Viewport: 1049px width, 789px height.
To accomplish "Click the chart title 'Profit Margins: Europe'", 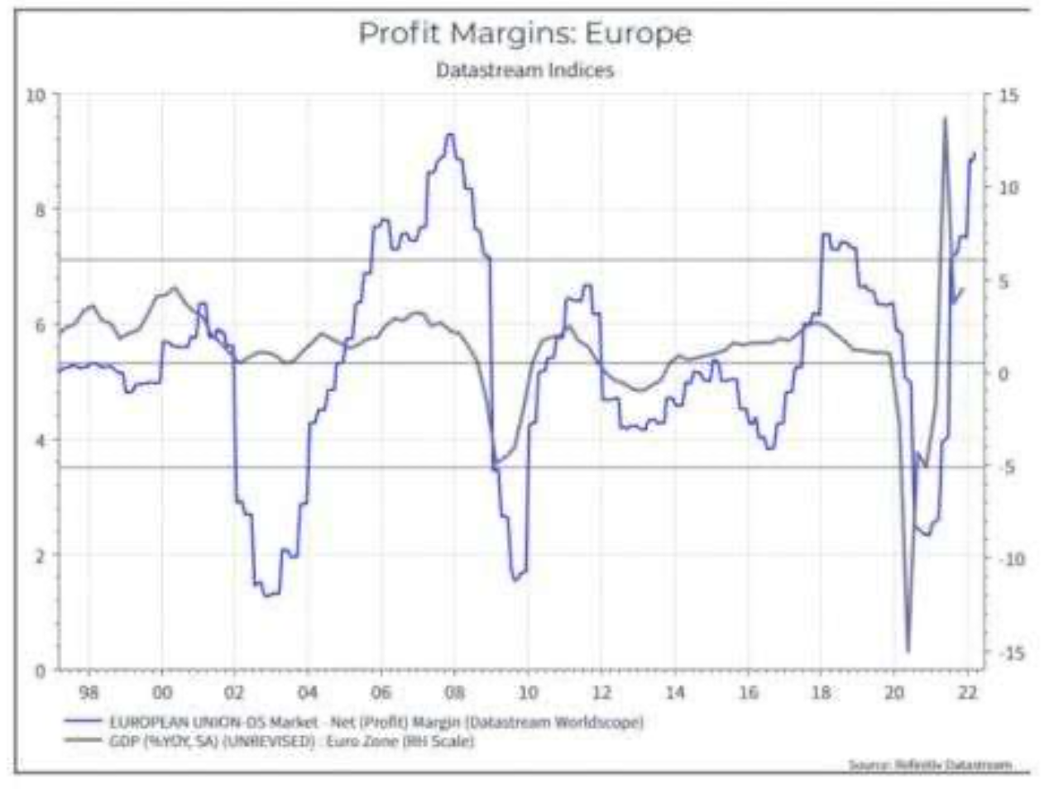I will [x=524, y=34].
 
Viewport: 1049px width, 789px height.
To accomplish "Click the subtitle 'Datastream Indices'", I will [x=524, y=70].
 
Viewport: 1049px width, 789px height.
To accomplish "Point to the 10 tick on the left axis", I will [x=36, y=94].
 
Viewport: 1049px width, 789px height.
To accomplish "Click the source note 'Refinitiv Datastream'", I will [x=929, y=764].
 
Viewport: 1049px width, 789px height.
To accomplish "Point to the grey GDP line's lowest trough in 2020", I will [x=908, y=652].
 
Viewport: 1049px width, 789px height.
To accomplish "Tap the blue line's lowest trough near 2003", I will [x=269, y=595].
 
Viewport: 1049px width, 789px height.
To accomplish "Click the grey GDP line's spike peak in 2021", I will [x=944, y=118].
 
